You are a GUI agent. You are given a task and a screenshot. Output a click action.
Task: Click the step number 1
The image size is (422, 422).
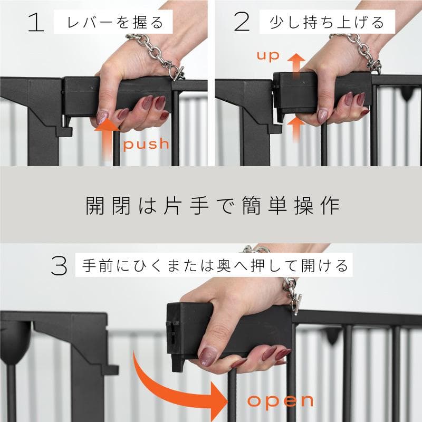click(x=35, y=23)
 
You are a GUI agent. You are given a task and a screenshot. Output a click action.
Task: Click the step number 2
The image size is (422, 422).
click(x=241, y=23)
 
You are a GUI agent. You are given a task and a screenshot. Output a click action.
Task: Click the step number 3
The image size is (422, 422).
click(x=60, y=265)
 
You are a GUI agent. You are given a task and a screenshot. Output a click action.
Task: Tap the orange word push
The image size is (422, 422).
click(x=147, y=143)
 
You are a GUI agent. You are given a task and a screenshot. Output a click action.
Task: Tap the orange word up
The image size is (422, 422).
click(x=267, y=55)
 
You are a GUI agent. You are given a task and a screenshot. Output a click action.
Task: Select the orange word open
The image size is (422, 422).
click(x=281, y=400)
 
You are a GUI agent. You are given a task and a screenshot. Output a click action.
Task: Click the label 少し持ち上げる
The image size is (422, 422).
click(x=327, y=23)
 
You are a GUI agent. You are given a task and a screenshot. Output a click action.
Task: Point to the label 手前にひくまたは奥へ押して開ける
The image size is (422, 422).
click(x=215, y=265)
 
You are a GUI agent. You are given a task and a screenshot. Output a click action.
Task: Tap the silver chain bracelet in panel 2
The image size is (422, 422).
click(x=359, y=51)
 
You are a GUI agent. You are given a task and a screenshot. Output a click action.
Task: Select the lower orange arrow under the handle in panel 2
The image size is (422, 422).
click(x=297, y=129)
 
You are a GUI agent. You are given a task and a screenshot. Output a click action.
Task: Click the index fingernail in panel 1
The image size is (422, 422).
click(x=102, y=117)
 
